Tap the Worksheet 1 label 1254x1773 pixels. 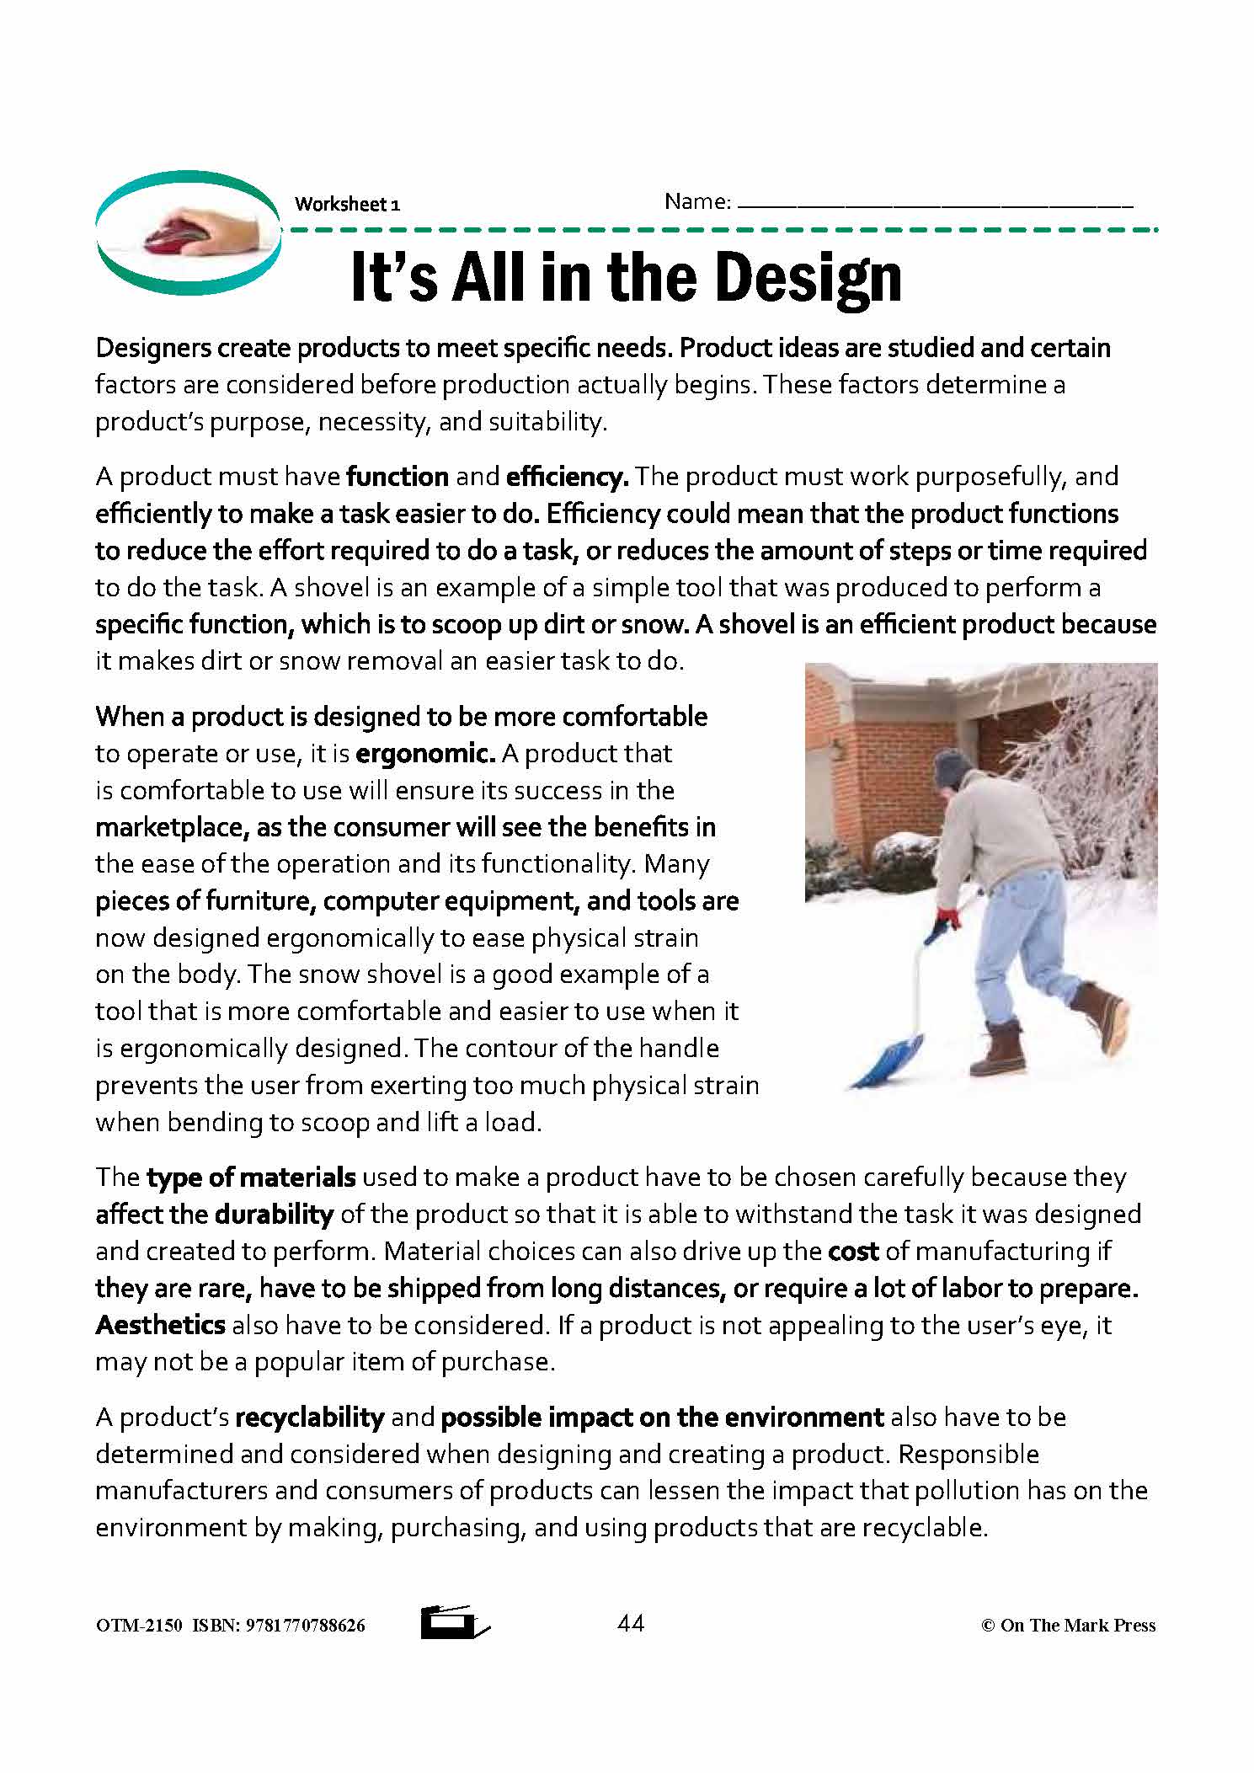347,205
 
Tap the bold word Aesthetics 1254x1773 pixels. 160,1325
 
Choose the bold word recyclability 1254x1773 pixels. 310,1417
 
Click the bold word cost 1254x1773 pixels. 853,1251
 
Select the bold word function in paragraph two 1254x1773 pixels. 398,477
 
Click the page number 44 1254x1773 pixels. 631,1623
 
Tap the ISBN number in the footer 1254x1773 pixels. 305,1626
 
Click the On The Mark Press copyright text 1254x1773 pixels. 1069,1626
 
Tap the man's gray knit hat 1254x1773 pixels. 953,766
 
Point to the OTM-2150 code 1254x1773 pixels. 139,1626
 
